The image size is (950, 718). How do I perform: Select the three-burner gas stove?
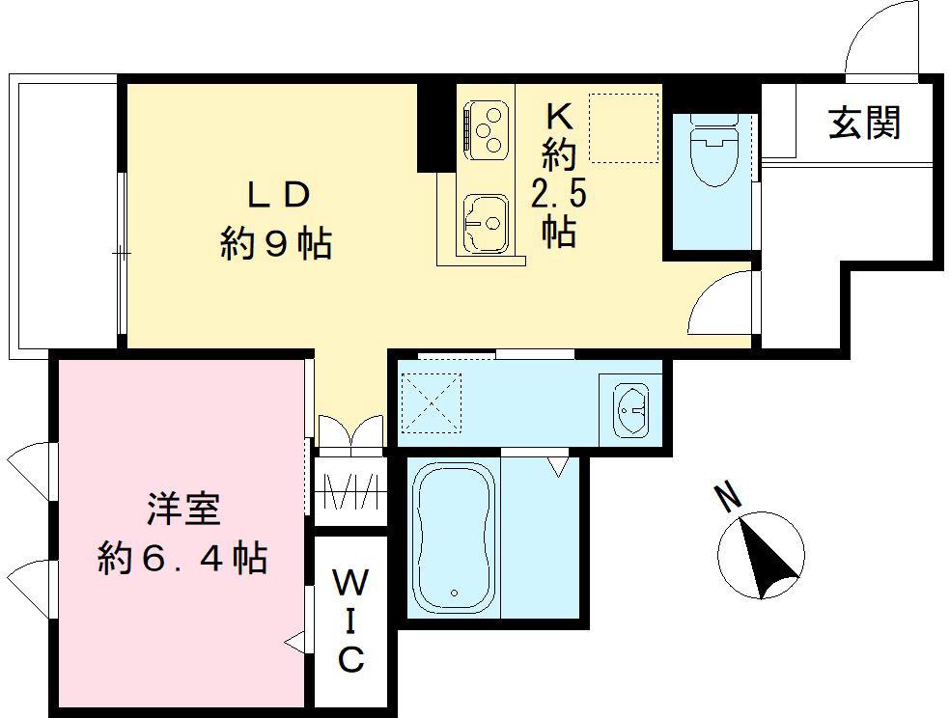(486, 129)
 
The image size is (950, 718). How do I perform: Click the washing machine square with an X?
(431, 402)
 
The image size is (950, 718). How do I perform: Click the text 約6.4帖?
(182, 557)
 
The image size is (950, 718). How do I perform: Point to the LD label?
(277, 195)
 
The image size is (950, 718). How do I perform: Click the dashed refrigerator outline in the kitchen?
(624, 127)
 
